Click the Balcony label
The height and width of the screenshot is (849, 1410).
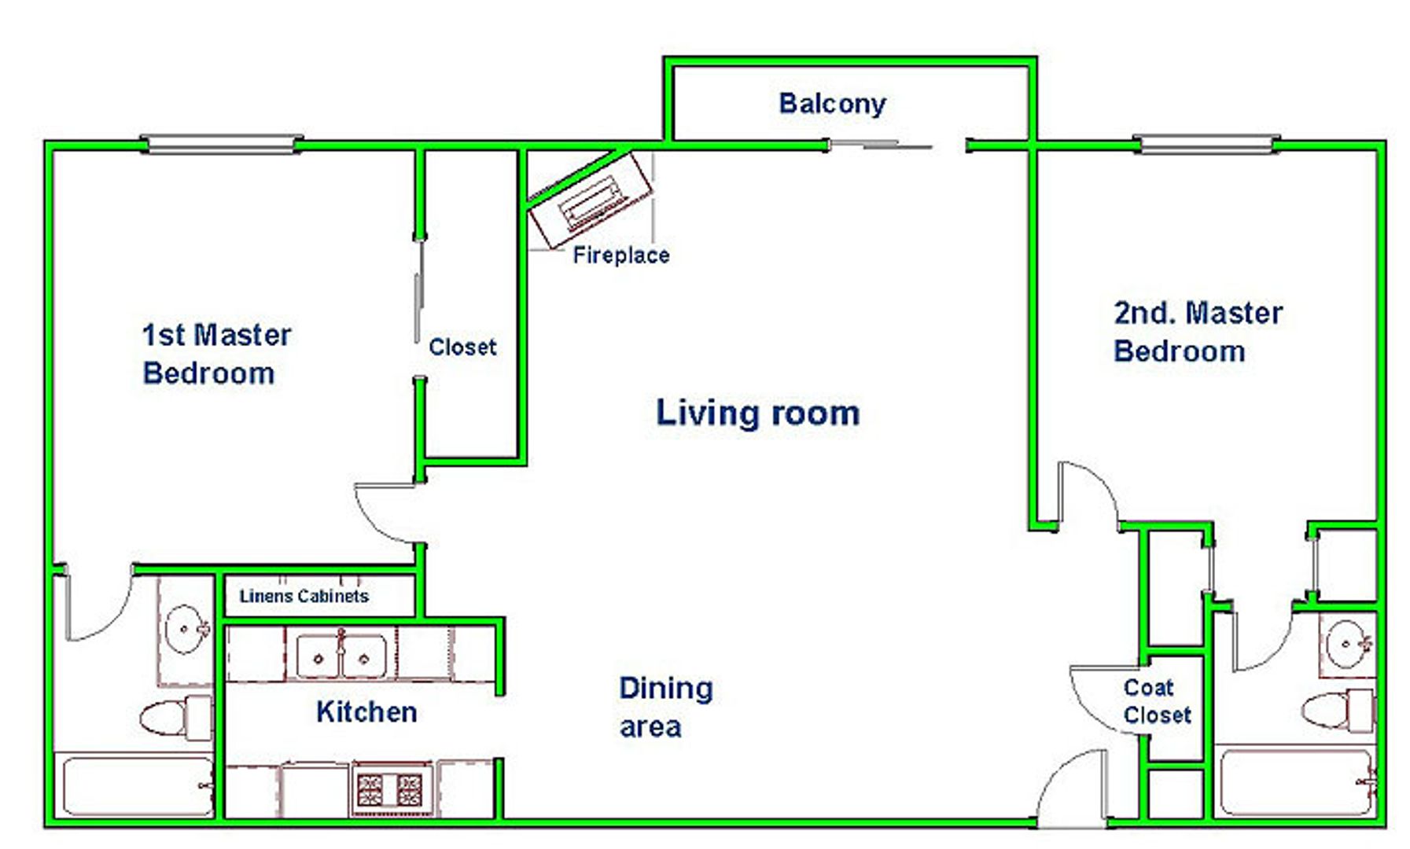coord(832,104)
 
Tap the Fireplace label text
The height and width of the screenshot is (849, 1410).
coord(621,255)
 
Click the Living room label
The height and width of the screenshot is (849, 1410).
coord(758,413)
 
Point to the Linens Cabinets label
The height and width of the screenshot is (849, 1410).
coord(304,596)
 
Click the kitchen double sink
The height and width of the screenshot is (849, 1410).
coord(341,656)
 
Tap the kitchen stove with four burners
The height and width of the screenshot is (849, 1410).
coord(391,789)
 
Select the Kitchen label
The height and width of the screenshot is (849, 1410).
coord(366,711)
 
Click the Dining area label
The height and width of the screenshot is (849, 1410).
coord(666,707)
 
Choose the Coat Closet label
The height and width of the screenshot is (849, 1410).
coord(1157,701)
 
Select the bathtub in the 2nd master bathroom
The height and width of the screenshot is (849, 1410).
coord(1295,783)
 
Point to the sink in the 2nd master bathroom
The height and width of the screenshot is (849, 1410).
coord(1348,644)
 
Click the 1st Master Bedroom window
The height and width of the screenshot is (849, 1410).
coord(221,145)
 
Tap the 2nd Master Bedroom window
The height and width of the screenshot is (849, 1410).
coord(1206,145)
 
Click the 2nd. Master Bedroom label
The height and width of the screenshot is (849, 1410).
coord(1198,332)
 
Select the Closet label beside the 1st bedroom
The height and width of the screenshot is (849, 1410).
coord(462,347)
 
